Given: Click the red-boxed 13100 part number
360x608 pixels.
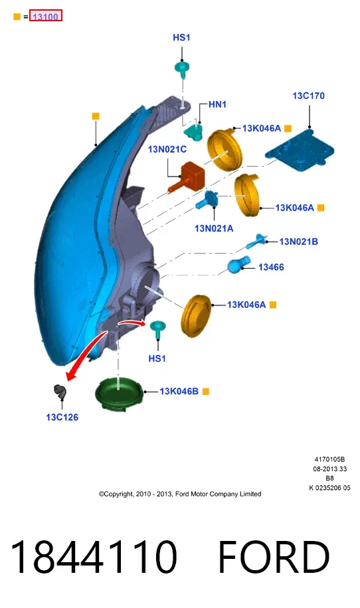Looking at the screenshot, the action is point(46,17).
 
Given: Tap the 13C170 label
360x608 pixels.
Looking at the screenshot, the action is point(308,96).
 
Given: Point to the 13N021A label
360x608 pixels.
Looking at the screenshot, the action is point(214,228).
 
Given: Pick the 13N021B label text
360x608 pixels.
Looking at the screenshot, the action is point(299,242).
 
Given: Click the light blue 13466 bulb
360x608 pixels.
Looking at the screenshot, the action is point(238,264).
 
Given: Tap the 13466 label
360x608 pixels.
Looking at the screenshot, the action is point(271,267).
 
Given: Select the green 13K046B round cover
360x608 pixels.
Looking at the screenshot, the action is point(119,394).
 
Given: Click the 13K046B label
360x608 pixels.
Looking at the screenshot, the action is point(179,391).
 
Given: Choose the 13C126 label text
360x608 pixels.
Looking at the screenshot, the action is point(62,418).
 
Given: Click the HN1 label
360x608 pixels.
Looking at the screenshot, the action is point(217,104).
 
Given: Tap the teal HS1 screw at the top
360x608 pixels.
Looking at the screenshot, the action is point(181,70).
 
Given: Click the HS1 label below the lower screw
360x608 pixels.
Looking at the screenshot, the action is point(157,358).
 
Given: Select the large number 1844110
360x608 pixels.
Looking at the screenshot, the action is point(93,557).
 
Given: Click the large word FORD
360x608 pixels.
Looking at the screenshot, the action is point(274,557).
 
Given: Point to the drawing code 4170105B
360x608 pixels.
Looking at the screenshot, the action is point(329,459).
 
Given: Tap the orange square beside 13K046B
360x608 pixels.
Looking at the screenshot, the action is point(206,392).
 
